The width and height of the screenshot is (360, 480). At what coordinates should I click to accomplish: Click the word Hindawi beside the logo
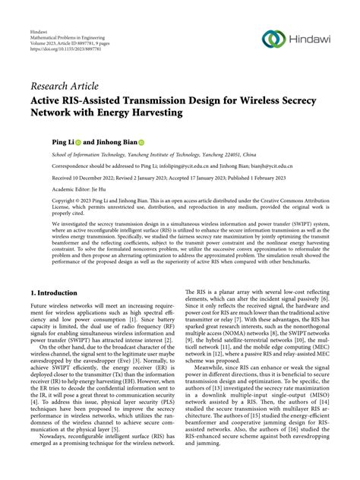tap(308, 39)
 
